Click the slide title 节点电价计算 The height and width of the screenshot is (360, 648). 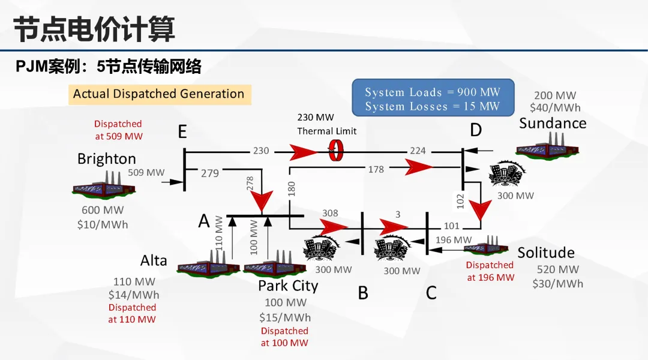[x=94, y=29]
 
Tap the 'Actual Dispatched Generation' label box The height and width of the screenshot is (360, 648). [x=159, y=94]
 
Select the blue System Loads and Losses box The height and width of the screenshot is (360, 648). [x=433, y=99]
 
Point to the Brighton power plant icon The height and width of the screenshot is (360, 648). [x=103, y=185]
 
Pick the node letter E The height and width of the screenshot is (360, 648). [x=182, y=131]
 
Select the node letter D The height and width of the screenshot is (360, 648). [x=476, y=130]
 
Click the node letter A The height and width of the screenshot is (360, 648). [x=204, y=221]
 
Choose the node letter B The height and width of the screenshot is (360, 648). [x=363, y=293]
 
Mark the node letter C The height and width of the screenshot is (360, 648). [x=431, y=293]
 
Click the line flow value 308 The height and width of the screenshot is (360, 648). [x=330, y=213]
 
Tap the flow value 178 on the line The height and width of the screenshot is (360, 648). [x=376, y=170]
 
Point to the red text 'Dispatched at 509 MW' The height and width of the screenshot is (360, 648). [x=118, y=130]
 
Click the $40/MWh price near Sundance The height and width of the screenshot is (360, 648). [x=555, y=108]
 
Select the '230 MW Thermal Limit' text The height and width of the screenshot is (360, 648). [x=326, y=124]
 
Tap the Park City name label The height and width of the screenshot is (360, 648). [x=288, y=286]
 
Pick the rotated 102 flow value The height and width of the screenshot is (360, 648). [x=461, y=200]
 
